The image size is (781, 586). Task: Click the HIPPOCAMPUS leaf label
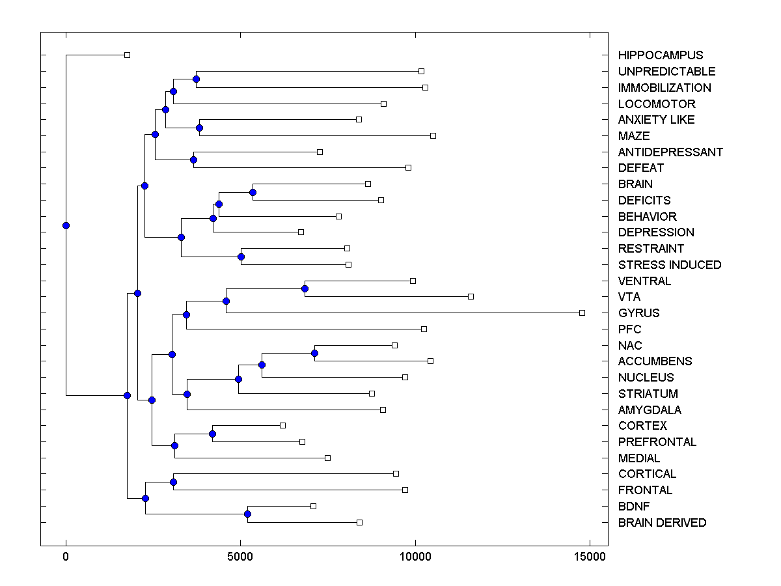tap(661, 55)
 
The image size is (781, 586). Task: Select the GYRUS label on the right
tap(638, 313)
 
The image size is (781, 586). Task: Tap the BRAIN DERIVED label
tap(662, 523)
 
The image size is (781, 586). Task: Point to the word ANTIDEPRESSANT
tap(670, 152)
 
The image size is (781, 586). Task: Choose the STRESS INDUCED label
tap(670, 265)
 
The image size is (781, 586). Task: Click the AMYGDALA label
tap(650, 410)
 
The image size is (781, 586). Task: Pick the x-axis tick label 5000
tap(240, 557)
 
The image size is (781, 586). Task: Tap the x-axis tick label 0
tap(66, 557)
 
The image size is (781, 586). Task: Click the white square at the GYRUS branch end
tap(582, 313)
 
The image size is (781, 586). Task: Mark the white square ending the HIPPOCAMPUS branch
tap(127, 55)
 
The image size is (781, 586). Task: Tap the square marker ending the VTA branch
tap(471, 297)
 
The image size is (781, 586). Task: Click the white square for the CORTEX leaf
tap(282, 425)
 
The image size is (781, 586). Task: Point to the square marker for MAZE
tap(433, 135)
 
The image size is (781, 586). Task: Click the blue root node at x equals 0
tap(66, 225)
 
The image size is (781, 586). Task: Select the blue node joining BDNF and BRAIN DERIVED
tap(247, 514)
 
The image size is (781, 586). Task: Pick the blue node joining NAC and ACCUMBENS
tap(314, 353)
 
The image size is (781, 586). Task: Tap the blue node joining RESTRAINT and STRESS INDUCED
tap(241, 257)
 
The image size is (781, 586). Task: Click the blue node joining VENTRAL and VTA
tap(305, 288)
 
